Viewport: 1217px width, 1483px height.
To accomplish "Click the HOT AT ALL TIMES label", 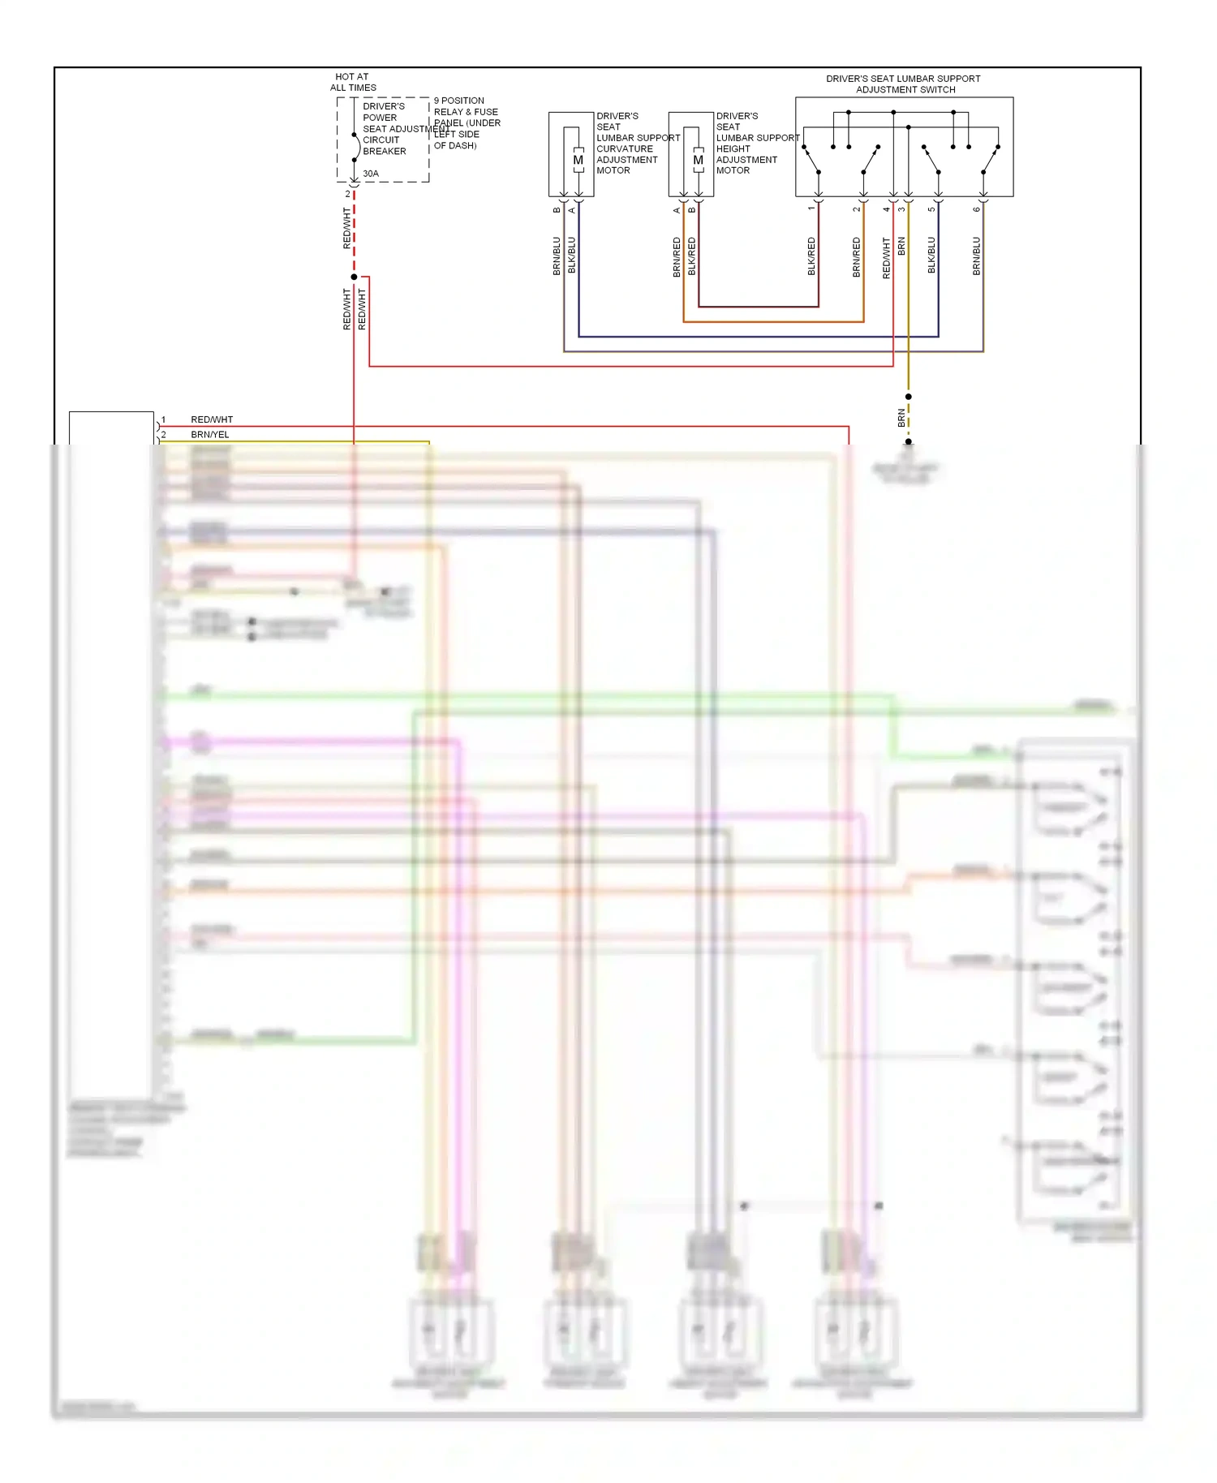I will pos(353,82).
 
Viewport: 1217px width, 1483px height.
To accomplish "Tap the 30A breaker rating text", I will pos(371,174).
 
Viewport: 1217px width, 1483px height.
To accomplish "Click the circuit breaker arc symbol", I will pos(357,147).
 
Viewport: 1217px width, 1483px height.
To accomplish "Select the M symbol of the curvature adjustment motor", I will pos(578,161).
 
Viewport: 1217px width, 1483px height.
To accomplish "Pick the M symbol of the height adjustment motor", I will pos(698,161).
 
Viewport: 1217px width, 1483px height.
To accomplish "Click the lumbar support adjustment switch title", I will pos(904,84).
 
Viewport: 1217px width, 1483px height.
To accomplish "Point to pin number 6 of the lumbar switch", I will pos(977,209).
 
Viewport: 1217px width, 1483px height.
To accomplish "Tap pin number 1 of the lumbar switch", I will pos(811,209).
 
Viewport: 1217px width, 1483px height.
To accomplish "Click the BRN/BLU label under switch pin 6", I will pos(977,256).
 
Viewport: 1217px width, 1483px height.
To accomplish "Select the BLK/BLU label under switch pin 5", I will pos(931,256).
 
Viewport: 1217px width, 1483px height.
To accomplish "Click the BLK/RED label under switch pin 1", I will pos(811,256).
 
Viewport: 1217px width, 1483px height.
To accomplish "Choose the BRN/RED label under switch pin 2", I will pos(857,257).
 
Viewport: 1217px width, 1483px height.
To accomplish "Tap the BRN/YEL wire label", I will pos(210,435).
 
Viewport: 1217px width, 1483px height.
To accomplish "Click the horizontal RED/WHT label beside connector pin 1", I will pos(212,419).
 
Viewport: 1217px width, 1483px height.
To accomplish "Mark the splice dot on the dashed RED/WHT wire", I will pos(354,277).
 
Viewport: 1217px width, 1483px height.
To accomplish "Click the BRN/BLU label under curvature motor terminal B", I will pos(557,256).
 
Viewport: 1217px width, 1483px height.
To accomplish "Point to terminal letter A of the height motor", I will pos(677,211).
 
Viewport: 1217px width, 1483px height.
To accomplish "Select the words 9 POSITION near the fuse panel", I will pos(459,101).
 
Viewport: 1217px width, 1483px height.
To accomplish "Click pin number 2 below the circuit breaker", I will pos(348,195).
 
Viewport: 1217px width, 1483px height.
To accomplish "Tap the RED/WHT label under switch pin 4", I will pos(886,258).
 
